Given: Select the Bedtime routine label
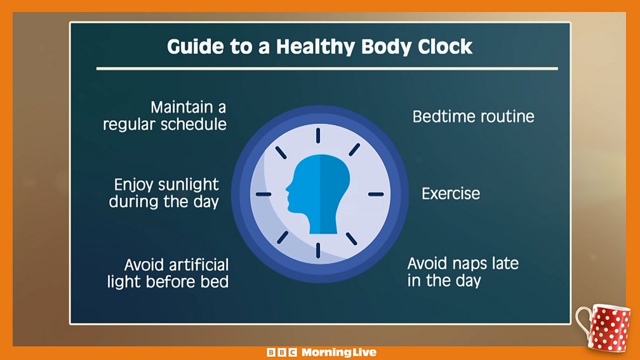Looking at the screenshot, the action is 474,117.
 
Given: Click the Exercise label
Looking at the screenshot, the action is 451,194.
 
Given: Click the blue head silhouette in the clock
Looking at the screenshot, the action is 318,194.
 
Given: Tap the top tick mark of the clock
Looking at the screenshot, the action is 318,135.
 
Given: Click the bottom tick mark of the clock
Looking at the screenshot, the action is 318,250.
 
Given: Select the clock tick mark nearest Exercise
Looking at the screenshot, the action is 376,194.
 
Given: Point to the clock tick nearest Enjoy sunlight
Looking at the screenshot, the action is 263,194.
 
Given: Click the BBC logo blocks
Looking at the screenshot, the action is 282,352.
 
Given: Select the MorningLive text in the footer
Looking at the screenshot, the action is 339,352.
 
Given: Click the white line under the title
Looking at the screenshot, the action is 327,69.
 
